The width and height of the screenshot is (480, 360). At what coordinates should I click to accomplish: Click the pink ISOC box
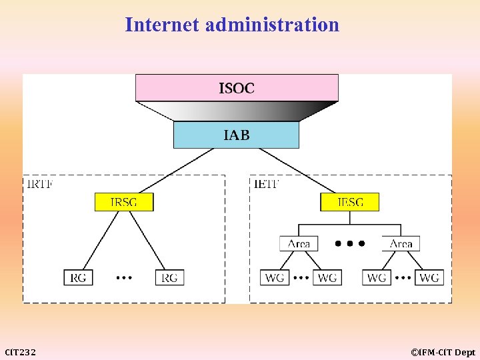pos(237,87)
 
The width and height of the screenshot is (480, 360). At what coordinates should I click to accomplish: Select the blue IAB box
pos(236,135)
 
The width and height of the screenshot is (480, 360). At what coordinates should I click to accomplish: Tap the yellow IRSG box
pos(124,202)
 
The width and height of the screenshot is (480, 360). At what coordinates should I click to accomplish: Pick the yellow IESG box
pos(350,202)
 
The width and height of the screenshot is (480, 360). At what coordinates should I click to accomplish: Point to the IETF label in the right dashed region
pos(267,183)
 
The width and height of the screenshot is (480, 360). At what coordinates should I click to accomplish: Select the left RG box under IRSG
pos(79,277)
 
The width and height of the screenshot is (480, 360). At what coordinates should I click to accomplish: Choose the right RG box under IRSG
pos(169,277)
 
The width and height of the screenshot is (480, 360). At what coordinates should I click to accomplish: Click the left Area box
pos(299,243)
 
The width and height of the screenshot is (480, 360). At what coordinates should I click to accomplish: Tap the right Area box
pos(401,243)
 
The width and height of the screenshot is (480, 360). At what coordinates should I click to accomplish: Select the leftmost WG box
pos(275,277)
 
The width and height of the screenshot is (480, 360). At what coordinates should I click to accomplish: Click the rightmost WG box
pos(429,277)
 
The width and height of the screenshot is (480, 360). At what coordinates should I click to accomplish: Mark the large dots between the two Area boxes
pos(350,244)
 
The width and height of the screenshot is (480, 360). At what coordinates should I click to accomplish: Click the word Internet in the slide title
pos(163,25)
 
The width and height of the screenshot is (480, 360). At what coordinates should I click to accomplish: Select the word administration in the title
pos(273,25)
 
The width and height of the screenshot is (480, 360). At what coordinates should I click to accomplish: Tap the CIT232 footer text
pos(21,352)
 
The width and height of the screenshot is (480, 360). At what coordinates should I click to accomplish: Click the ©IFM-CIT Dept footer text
pos(443,352)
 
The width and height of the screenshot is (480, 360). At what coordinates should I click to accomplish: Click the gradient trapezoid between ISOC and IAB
pos(237,111)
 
